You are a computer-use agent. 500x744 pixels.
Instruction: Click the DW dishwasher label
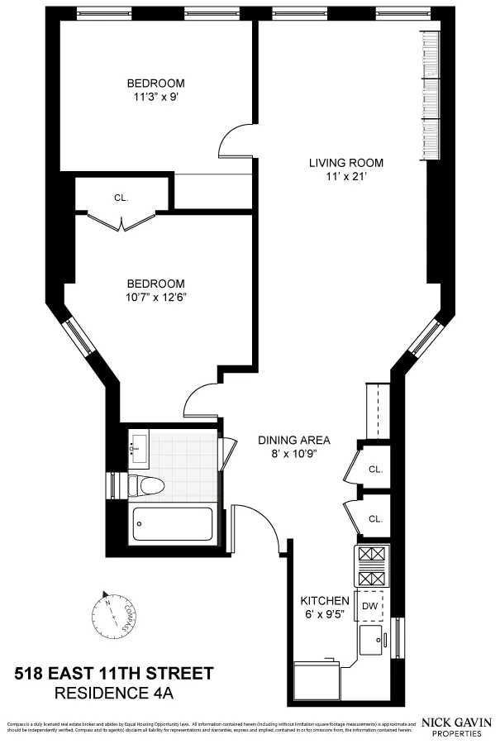[x=369, y=605]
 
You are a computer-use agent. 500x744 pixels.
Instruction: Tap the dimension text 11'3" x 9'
[x=155, y=97]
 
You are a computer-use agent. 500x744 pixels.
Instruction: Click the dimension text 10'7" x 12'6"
[x=155, y=297]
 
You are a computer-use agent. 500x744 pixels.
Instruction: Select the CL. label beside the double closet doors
[x=121, y=198]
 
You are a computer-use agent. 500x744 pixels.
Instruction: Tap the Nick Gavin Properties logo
[x=456, y=727]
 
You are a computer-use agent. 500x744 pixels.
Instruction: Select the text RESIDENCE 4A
[x=115, y=691]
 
